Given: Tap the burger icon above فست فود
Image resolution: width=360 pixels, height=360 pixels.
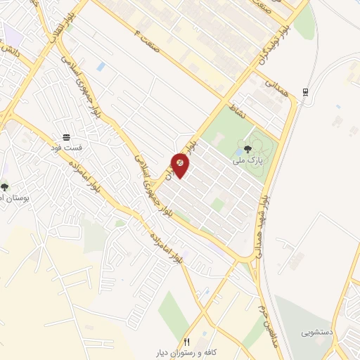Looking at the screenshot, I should click(x=66, y=137).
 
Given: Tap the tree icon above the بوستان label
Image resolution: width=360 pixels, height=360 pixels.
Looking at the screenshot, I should click(x=5, y=188).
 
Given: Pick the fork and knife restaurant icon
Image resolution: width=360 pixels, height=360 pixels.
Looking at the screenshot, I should click(x=186, y=341).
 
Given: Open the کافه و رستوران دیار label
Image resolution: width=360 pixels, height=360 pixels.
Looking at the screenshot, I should click(x=187, y=352).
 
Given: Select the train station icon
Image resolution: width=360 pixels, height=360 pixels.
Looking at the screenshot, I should click(x=304, y=92).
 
